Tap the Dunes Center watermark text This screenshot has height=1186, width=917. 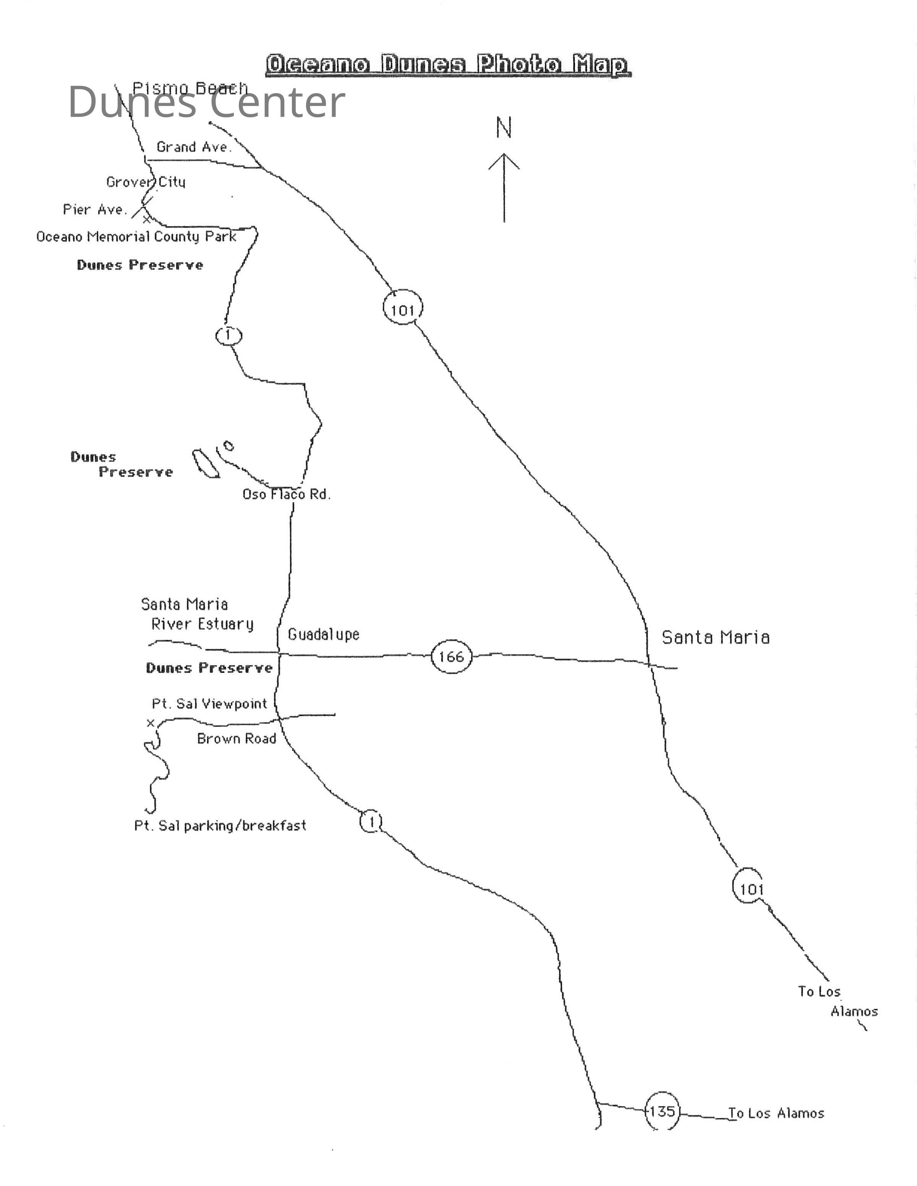[206, 102]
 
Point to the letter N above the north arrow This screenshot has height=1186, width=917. [504, 128]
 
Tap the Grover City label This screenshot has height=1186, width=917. [146, 182]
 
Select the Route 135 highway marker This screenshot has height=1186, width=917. [662, 1112]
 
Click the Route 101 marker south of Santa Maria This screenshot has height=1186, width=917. [751, 889]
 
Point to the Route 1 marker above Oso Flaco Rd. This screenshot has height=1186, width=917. [228, 335]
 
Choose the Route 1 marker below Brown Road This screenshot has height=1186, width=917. [371, 822]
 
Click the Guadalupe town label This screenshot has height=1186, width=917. [324, 634]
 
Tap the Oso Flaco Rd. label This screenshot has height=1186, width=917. [286, 494]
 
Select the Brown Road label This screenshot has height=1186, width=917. [237, 738]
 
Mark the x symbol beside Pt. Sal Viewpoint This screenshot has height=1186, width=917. [151, 723]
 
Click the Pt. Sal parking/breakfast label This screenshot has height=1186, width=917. [220, 826]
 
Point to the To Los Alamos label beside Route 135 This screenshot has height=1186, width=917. [776, 1113]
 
